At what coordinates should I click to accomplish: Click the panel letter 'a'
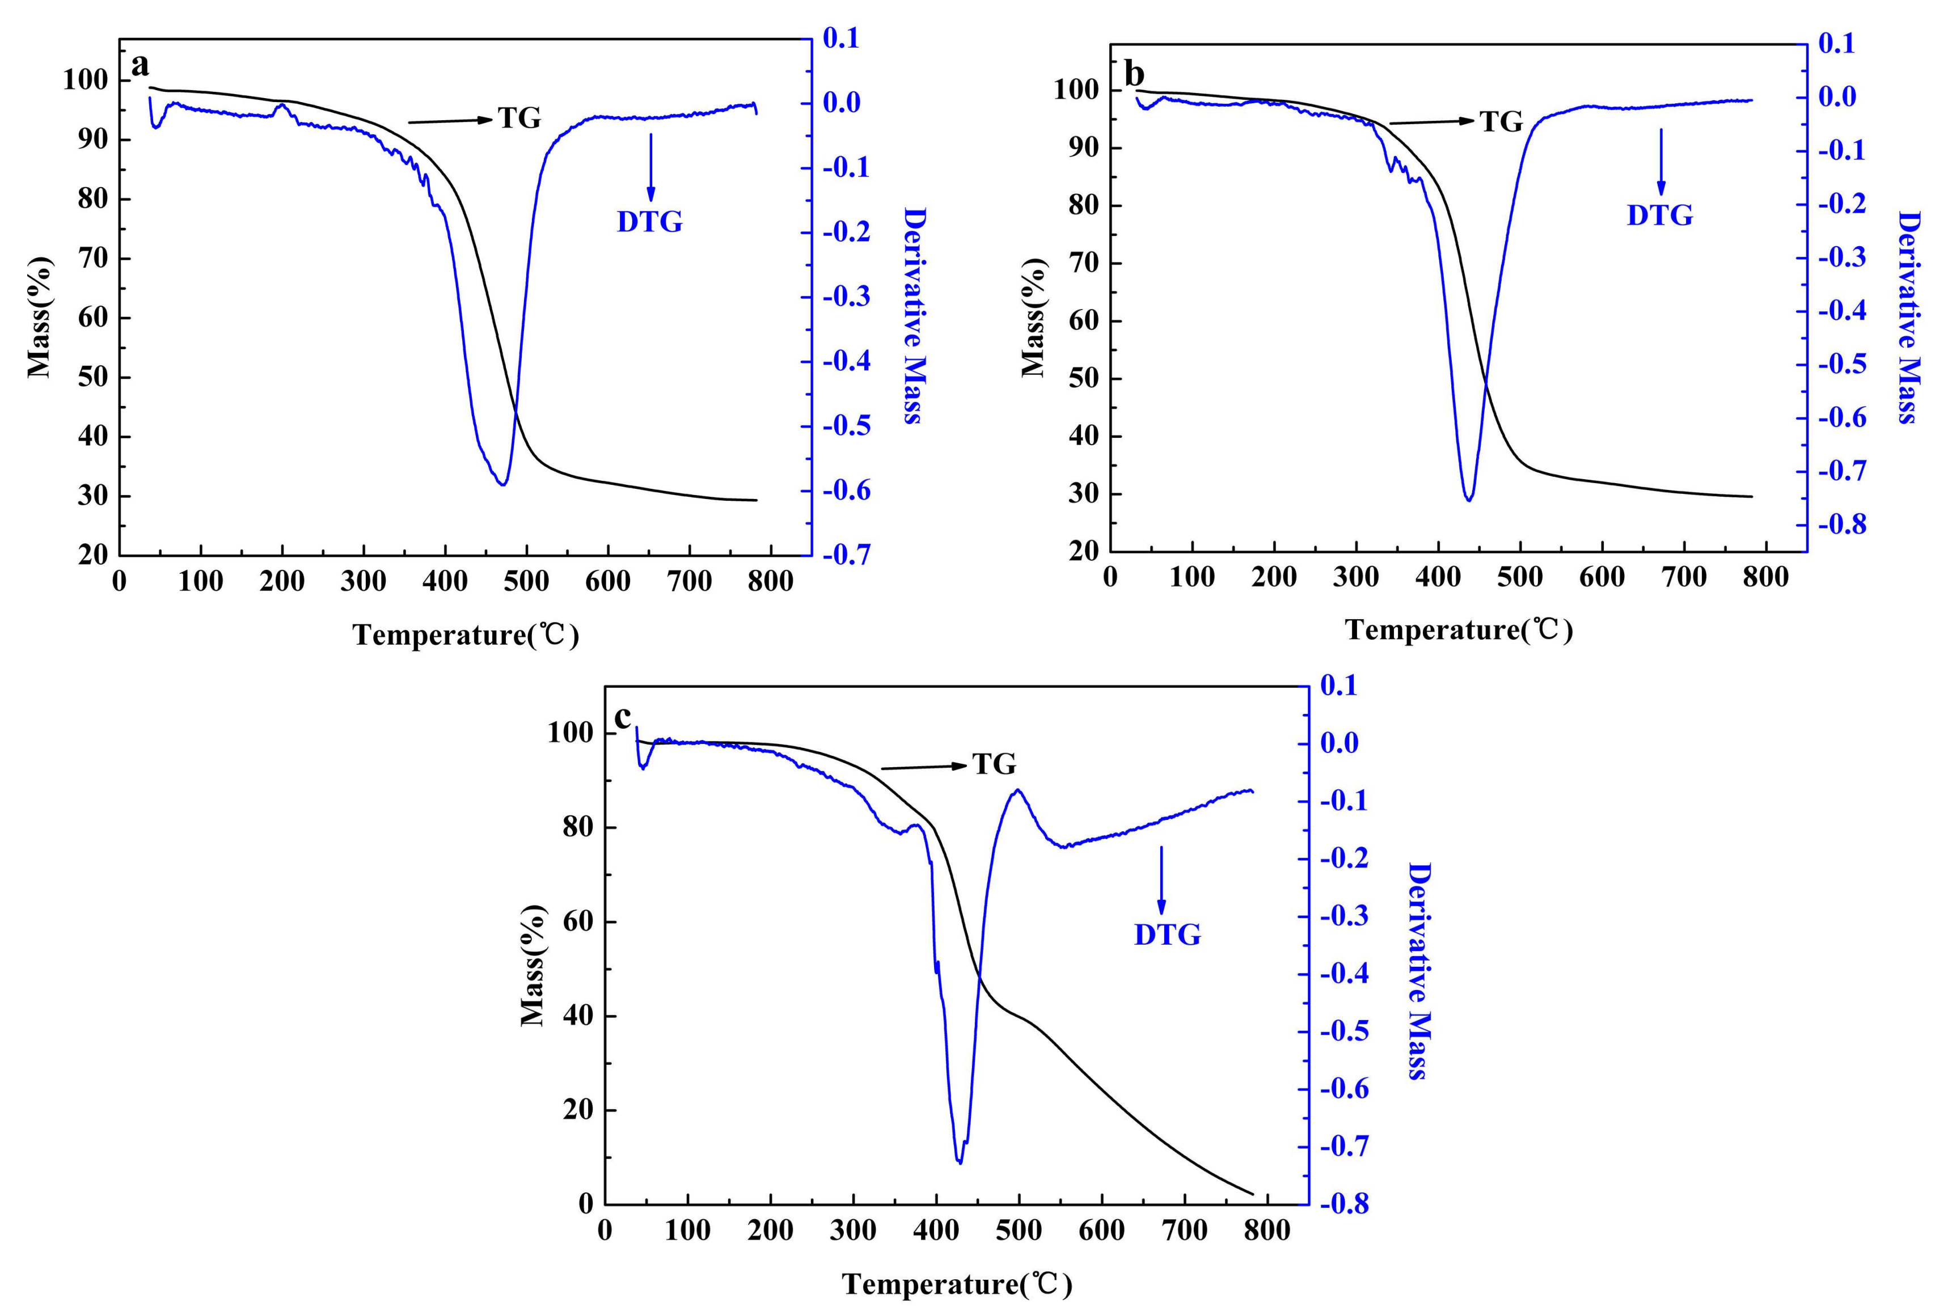click(x=140, y=65)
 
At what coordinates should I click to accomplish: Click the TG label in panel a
click(x=519, y=118)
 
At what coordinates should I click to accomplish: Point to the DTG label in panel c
click(x=1167, y=935)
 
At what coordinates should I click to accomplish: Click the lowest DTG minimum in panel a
click(x=502, y=484)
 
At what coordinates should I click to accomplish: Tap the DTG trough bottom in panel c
click(x=960, y=1162)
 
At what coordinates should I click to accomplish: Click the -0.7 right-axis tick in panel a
click(x=847, y=554)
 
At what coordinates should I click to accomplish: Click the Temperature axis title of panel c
click(x=956, y=1284)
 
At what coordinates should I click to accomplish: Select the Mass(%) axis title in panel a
click(x=39, y=317)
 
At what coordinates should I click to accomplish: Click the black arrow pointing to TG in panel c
click(x=922, y=767)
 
